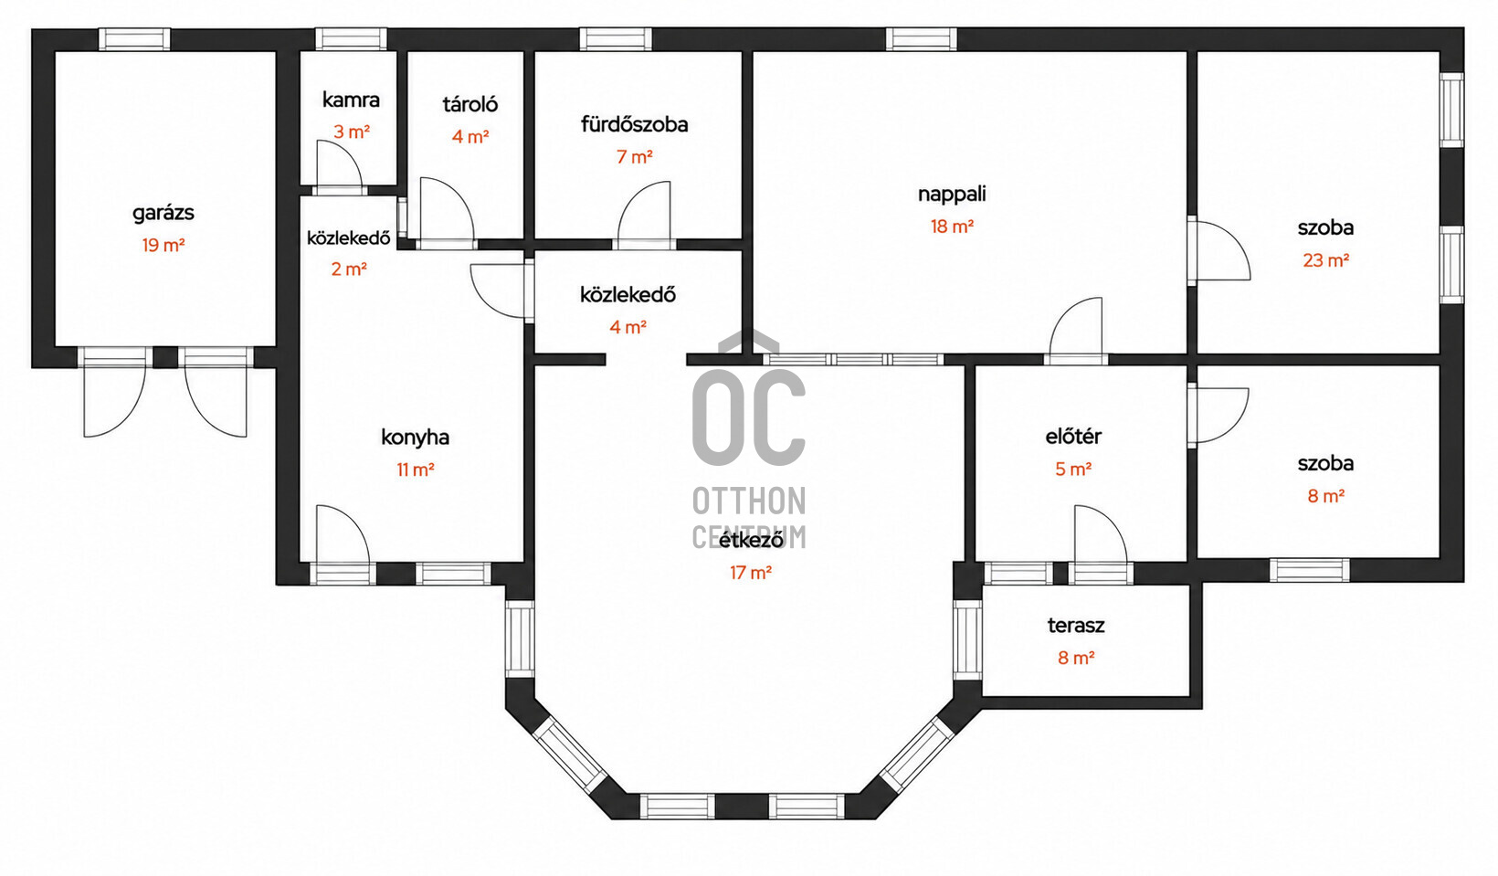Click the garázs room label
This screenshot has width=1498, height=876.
pos(164,214)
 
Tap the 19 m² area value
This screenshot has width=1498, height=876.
pos(164,246)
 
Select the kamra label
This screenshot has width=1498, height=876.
pos(351,100)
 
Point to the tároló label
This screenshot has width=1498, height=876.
pos(470,104)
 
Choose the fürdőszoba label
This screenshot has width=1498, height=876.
pos(634,124)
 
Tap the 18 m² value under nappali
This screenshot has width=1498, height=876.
pos(952,227)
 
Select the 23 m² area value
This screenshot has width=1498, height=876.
pos(1325,260)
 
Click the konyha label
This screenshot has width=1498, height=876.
pos(415,438)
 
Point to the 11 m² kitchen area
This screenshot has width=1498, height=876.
pos(416,470)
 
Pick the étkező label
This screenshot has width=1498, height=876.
pos(750,539)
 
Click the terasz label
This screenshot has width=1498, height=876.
pos(1075,626)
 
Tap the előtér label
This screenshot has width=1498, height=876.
pos(1073,437)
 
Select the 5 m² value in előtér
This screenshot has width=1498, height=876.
pos(1073,470)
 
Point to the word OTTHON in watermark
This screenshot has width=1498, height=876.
pos(749,501)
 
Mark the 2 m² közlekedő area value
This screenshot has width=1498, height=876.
pos(349,269)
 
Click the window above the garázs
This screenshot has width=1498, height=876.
pos(134,38)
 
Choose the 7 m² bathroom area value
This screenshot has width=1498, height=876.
pos(634,157)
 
